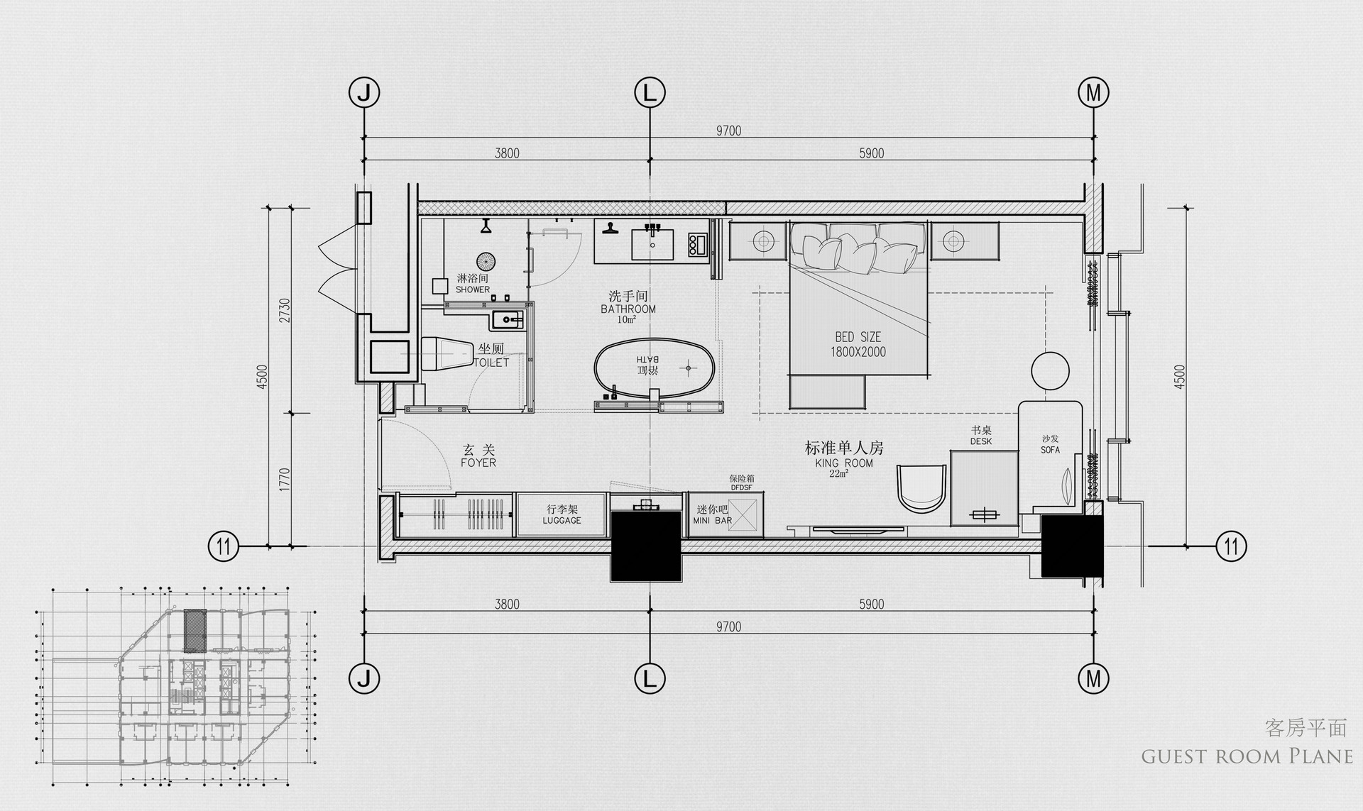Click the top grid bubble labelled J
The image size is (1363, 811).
pyautogui.click(x=364, y=92)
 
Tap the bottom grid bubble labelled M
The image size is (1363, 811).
pyautogui.click(x=1093, y=679)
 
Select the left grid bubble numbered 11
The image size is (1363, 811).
pyautogui.click(x=224, y=546)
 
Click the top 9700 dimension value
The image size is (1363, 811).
pyautogui.click(x=728, y=131)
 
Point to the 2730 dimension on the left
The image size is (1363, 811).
pyautogui.click(x=285, y=310)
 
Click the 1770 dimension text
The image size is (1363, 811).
pyautogui.click(x=285, y=480)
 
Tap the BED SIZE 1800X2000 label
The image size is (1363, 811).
pyautogui.click(x=858, y=344)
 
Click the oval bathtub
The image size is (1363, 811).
pyautogui.click(x=653, y=368)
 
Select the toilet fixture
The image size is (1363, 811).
pyautogui.click(x=447, y=353)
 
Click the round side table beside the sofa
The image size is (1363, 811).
pyautogui.click(x=1050, y=371)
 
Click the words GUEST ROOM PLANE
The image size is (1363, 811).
pyautogui.click(x=1247, y=756)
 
